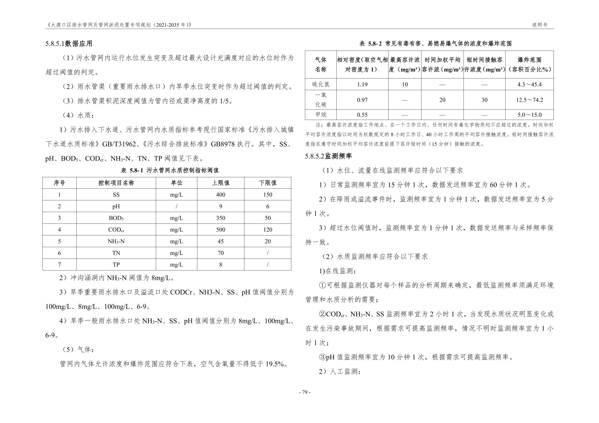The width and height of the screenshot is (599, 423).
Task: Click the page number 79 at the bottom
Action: point(304,392)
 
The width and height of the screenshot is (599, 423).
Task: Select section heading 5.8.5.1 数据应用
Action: point(69,44)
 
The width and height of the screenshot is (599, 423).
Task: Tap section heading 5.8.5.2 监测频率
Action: point(329,156)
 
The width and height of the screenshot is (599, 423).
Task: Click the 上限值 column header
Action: point(220,183)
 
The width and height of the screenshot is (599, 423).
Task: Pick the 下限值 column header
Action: point(268,183)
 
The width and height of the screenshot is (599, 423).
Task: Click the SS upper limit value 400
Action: point(220,195)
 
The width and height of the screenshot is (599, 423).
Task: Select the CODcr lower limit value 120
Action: point(268,230)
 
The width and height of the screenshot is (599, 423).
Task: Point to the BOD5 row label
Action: point(116,218)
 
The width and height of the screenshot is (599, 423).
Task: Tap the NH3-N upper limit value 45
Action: point(220,241)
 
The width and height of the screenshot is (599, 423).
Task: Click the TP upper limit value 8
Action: point(220,265)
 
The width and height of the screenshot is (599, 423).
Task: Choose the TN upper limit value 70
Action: point(220,253)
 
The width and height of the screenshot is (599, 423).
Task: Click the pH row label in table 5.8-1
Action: point(116,206)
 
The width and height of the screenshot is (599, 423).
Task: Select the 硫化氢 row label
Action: point(321,84)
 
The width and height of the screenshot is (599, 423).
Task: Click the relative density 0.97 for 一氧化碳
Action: point(362,100)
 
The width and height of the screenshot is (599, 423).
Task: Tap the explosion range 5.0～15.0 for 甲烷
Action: point(529,115)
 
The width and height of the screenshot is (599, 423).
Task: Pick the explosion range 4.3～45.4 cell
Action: point(529,84)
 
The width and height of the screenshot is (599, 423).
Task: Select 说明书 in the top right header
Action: point(540,25)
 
